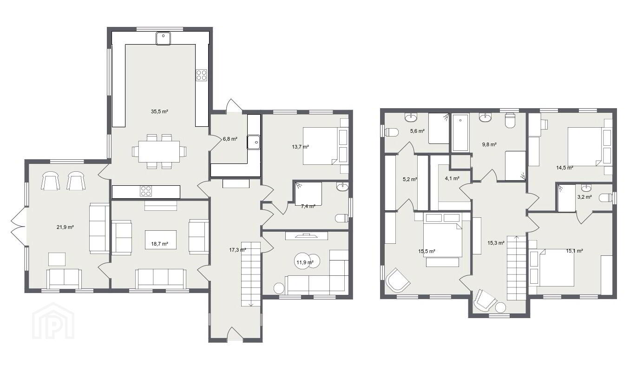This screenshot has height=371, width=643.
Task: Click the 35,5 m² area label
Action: tap(159, 111)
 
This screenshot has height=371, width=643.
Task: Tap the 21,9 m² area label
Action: tap(65, 227)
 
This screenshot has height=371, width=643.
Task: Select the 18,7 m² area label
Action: tap(159, 244)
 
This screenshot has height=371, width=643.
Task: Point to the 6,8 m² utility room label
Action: tap(230, 139)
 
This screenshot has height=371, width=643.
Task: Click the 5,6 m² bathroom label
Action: tap(417, 131)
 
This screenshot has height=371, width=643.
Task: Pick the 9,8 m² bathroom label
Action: tap(489, 144)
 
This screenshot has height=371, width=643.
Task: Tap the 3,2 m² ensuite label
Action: tap(584, 197)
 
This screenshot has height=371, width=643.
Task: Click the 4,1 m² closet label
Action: tap(452, 178)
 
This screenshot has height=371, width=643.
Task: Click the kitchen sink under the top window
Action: tap(164, 39)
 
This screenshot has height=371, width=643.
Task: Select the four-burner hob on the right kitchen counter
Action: tap(202, 75)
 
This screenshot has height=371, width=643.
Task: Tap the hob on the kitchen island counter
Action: tap(146, 191)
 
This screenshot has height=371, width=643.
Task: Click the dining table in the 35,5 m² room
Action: tap(159, 151)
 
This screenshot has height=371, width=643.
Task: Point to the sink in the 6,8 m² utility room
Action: tap(254, 142)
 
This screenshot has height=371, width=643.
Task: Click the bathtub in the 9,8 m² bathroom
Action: tap(460, 132)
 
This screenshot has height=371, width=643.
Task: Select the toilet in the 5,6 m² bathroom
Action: tap(391, 132)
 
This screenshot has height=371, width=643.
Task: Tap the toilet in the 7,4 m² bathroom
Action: tap(342, 218)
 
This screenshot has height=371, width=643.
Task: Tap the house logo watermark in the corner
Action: tap(53, 321)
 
